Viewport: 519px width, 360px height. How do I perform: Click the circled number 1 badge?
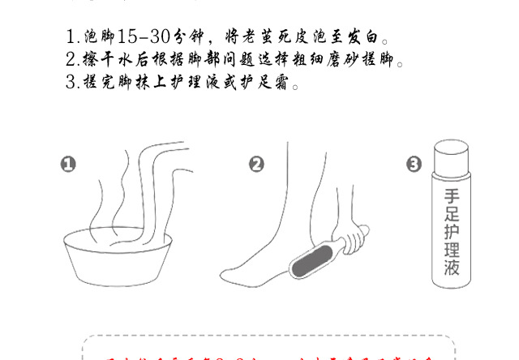(68, 165)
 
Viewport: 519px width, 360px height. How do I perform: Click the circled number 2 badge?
(256, 165)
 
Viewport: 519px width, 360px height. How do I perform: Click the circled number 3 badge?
(414, 165)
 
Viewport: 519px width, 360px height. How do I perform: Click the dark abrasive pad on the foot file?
(311, 262)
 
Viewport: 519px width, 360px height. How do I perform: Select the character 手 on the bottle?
(452, 197)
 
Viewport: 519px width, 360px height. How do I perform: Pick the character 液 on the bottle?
(452, 268)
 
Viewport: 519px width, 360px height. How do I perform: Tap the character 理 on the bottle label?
(452, 250)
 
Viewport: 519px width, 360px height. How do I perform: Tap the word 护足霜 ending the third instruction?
(265, 83)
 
